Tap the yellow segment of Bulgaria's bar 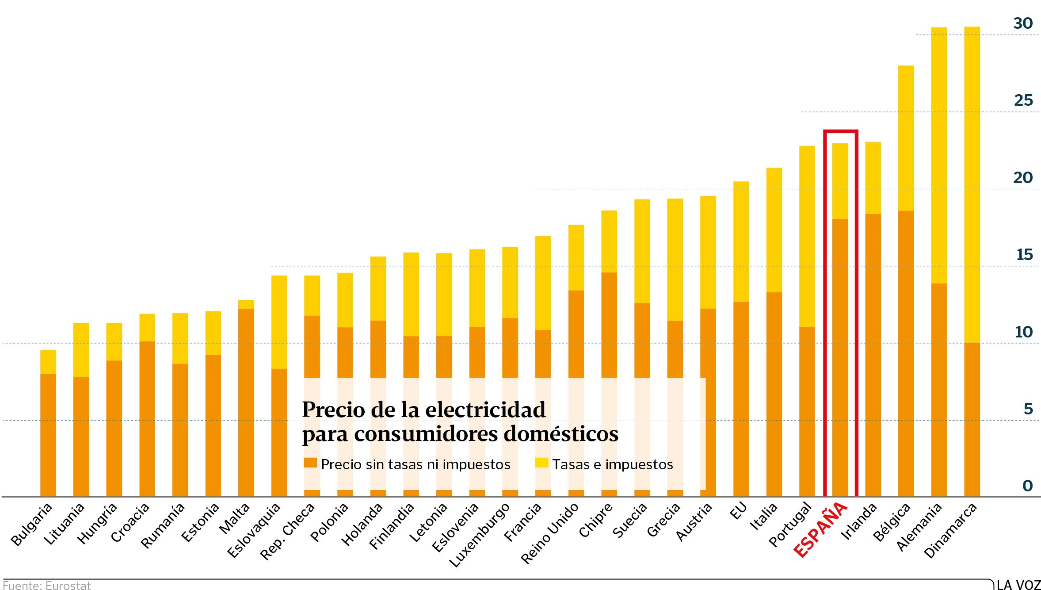(48, 362)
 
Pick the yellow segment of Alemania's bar (939, 155)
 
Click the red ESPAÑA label (820, 529)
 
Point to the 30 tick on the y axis (1023, 23)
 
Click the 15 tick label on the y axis (1024, 255)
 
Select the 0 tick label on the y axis (1027, 486)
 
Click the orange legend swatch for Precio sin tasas (310, 463)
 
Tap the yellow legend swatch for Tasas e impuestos (541, 463)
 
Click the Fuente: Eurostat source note (47, 585)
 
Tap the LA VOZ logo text (1018, 585)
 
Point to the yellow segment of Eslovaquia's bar (279, 322)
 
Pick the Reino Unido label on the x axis (550, 533)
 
